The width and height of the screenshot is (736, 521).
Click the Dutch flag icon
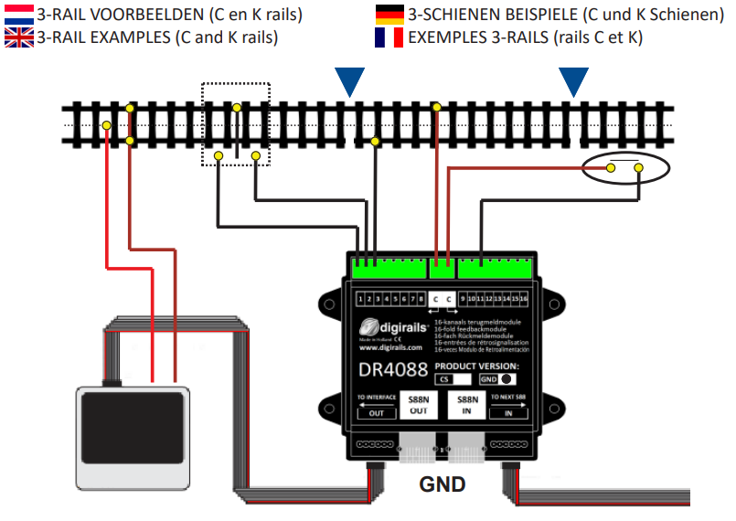(x=18, y=15)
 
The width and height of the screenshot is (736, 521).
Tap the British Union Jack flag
(x=18, y=37)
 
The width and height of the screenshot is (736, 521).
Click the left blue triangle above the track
(x=349, y=81)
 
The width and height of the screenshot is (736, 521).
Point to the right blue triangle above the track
(x=574, y=81)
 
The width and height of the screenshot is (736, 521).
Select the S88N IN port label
(x=468, y=405)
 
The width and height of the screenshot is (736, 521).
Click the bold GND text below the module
(x=443, y=484)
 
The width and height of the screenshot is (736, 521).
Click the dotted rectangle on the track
(x=236, y=124)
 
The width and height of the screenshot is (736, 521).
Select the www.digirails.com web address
(x=390, y=347)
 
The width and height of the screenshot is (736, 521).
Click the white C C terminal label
(x=442, y=299)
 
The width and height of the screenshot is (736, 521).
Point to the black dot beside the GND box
(x=506, y=378)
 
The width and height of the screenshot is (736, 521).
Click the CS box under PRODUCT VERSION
(x=453, y=378)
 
